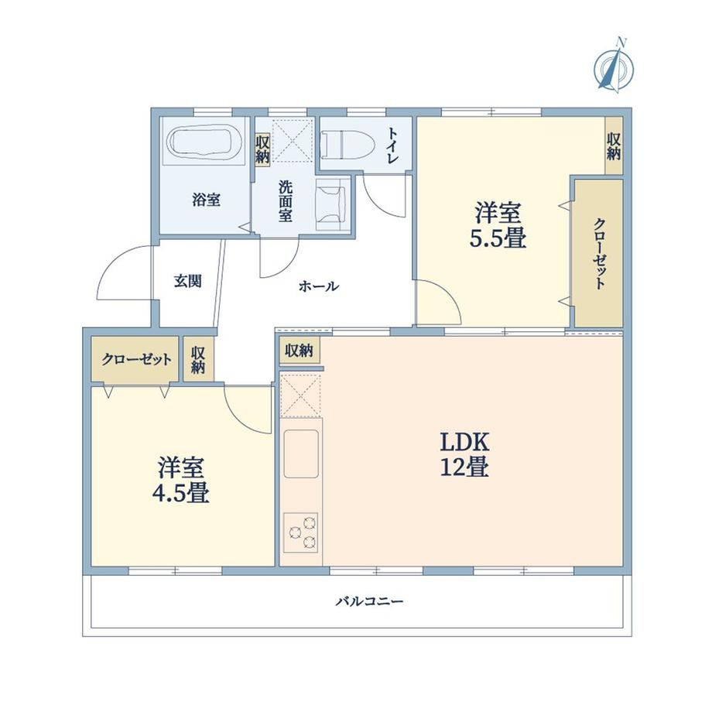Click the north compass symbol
[x=614, y=67]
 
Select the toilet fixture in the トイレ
[x=347, y=145]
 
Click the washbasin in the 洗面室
[x=332, y=204]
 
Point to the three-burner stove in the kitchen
[x=300, y=532]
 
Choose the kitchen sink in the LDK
[x=301, y=454]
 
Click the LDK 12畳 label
[x=464, y=454]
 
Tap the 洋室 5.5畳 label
[x=498, y=224]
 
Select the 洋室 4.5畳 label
[x=180, y=481]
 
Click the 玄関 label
[x=187, y=282]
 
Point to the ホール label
[x=319, y=286]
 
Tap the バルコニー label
[x=369, y=601]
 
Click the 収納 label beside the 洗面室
[x=262, y=150]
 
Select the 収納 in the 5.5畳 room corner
[x=614, y=146]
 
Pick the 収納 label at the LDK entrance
[x=300, y=351]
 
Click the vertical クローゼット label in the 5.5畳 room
[x=599, y=254]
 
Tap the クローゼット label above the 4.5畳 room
[x=136, y=360]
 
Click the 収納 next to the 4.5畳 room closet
[x=198, y=360]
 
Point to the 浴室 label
[x=206, y=200]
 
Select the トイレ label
[x=392, y=145]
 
